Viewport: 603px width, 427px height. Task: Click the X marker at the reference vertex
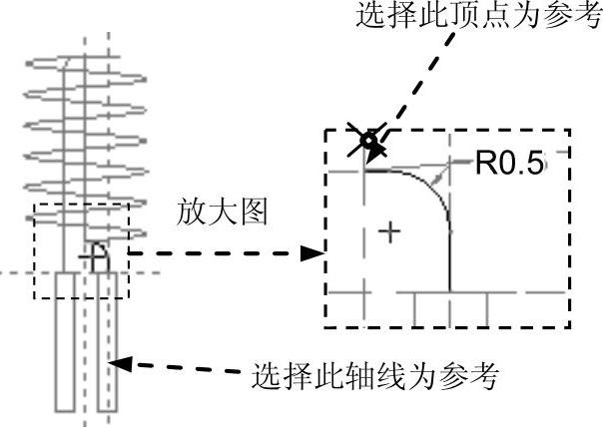coord(365,141)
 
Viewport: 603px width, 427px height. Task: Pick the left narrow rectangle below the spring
coord(67,339)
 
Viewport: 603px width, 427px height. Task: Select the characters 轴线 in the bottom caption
coord(373,376)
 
